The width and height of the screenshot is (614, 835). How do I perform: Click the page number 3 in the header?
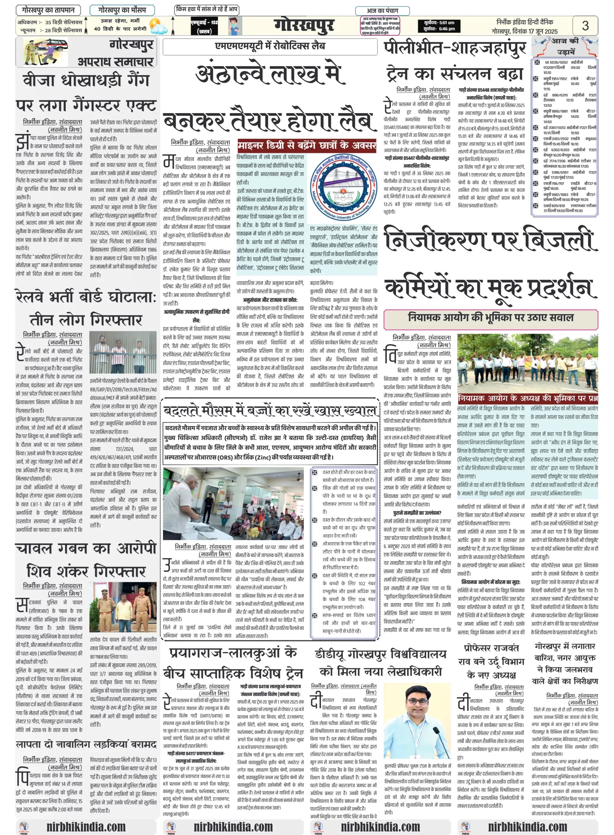585,25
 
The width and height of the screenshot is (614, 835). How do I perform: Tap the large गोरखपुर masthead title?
304,25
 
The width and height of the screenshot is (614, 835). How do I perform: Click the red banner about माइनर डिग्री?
307,145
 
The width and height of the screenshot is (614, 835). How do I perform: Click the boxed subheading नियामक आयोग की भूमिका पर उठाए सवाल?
490,318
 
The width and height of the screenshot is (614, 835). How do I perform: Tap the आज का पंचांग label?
383,10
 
